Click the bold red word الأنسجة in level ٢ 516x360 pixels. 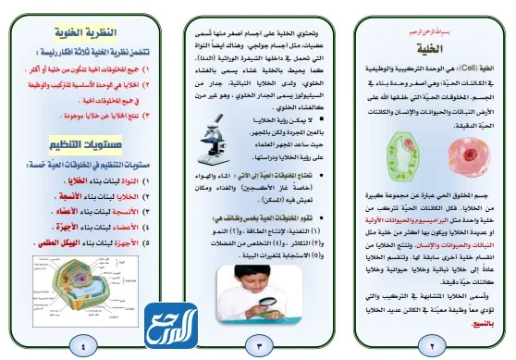pos(77,196)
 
